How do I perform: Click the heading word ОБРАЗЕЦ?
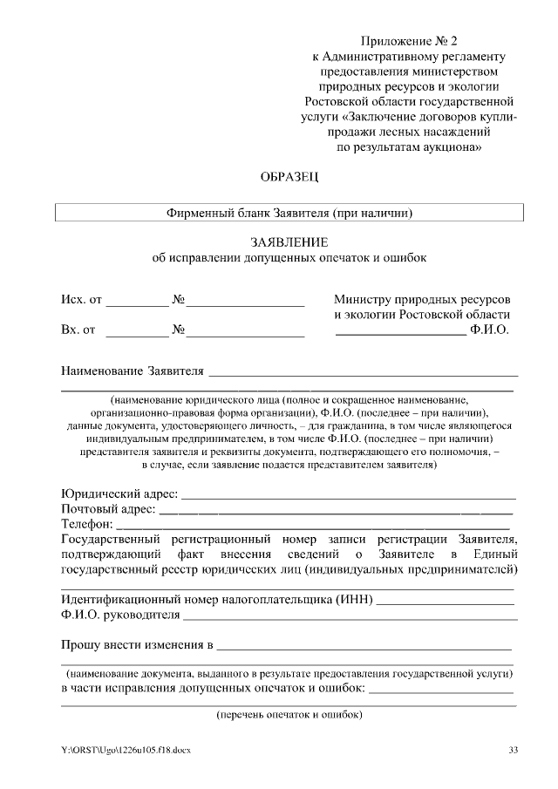click(x=289, y=178)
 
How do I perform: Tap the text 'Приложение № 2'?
click(x=408, y=41)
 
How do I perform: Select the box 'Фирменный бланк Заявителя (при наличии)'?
click(x=289, y=212)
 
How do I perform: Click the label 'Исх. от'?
click(x=81, y=300)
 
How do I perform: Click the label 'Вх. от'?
click(x=78, y=330)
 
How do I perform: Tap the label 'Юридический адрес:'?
click(x=119, y=494)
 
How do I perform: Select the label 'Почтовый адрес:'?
click(x=108, y=508)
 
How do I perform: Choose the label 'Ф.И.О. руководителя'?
click(x=120, y=615)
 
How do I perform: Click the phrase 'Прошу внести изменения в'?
click(x=137, y=645)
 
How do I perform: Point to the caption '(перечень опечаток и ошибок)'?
click(x=289, y=715)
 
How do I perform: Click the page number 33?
click(x=513, y=750)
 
